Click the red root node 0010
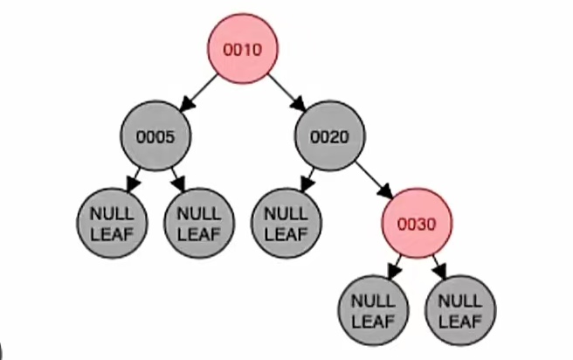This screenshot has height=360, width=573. pyautogui.click(x=243, y=50)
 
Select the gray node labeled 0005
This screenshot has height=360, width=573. pyautogui.click(x=155, y=136)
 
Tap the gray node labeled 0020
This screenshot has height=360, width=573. pyautogui.click(x=329, y=136)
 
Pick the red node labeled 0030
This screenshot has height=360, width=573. pyautogui.click(x=416, y=224)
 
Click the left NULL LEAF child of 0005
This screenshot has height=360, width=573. pyautogui.click(x=113, y=224)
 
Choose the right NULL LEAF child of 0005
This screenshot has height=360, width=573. pyautogui.click(x=200, y=224)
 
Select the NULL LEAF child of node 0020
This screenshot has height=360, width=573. pyautogui.click(x=286, y=224)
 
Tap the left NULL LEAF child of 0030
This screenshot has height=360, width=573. pyautogui.click(x=373, y=310)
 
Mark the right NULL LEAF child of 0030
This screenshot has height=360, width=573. pyautogui.click(x=459, y=310)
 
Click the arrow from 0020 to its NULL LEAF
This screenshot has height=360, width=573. pyautogui.click(x=307, y=180)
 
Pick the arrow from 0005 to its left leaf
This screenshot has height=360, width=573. pyautogui.click(x=135, y=180)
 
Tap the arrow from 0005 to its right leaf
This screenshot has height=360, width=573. pyautogui.click(x=178, y=180)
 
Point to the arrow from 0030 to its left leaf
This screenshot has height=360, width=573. pyautogui.click(x=394, y=267)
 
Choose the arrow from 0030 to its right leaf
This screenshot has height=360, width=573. pyautogui.click(x=438, y=267)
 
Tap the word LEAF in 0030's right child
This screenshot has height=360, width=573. pyautogui.click(x=459, y=320)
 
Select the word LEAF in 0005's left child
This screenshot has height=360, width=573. pyautogui.click(x=113, y=233)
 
